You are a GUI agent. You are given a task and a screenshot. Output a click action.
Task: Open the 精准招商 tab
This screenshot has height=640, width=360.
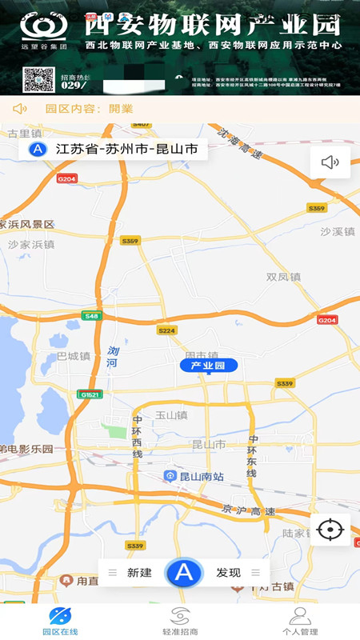pyautogui.click(x=180, y=621)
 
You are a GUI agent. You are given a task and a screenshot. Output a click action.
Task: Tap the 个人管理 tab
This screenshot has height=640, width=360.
pyautogui.click(x=299, y=621)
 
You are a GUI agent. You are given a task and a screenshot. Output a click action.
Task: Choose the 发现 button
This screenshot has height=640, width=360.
pyautogui.click(x=228, y=572)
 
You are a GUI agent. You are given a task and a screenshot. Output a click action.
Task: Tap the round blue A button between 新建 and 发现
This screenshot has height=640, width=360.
pyautogui.click(x=184, y=572)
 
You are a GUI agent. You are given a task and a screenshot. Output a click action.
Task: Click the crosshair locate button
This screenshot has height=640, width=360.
pyautogui.click(x=330, y=529)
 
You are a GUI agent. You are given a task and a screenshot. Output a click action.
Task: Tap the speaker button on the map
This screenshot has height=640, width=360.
pyautogui.click(x=330, y=162)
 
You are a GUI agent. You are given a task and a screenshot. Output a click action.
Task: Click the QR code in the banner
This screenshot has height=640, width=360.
pyautogui.click(x=38, y=81)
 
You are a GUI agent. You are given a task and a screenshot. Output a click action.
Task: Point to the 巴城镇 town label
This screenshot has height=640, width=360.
pyautogui.click(x=73, y=356)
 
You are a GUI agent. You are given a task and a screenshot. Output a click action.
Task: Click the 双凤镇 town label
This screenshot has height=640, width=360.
pyautogui.click(x=283, y=277)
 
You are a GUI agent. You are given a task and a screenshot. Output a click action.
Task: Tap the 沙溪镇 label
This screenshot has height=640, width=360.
pyautogui.click(x=337, y=231)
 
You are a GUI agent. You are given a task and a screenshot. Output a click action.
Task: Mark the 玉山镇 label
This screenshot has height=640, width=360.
pyautogui.click(x=170, y=415)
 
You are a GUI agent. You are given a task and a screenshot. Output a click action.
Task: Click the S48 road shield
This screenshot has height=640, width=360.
pyautogui.click(x=92, y=317)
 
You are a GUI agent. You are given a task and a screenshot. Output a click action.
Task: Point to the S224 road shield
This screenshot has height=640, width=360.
pyautogui.click(x=166, y=330)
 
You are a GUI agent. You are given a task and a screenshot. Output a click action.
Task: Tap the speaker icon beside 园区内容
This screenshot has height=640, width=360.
pyautogui.click(x=20, y=109)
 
